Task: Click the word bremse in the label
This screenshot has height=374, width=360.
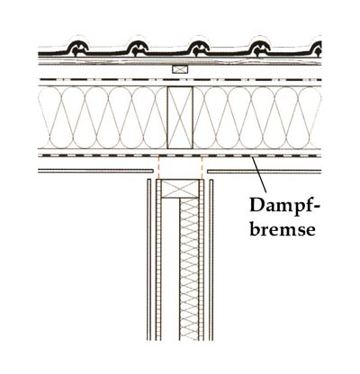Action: [x=283, y=229]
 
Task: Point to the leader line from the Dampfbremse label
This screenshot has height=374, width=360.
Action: [x=259, y=174]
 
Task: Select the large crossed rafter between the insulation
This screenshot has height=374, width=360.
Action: [x=180, y=118]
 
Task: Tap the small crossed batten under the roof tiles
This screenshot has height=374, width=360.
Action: [x=180, y=69]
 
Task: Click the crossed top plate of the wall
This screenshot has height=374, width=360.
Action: [x=180, y=189]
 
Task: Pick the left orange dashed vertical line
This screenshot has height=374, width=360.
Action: [x=158, y=167]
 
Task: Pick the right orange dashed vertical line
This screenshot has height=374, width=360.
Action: [x=202, y=167]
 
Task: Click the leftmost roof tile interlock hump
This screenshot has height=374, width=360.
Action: [x=78, y=48]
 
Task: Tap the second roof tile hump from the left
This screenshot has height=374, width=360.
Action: [x=138, y=48]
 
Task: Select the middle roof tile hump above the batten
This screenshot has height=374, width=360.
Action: [x=199, y=48]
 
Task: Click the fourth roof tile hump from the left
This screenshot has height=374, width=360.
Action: [x=260, y=48]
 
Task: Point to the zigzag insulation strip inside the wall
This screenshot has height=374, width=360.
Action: [x=189, y=269]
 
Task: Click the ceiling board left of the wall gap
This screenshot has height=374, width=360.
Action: [x=96, y=171]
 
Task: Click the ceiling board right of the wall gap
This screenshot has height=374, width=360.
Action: [x=265, y=172]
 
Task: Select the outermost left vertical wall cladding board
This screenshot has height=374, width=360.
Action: [x=148, y=260]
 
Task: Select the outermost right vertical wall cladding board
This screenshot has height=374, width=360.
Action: [x=211, y=260]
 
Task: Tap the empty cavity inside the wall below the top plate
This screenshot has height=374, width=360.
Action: [x=170, y=269]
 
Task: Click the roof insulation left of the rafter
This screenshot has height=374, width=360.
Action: [x=103, y=118]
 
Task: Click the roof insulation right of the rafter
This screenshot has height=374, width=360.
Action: [x=257, y=118]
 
